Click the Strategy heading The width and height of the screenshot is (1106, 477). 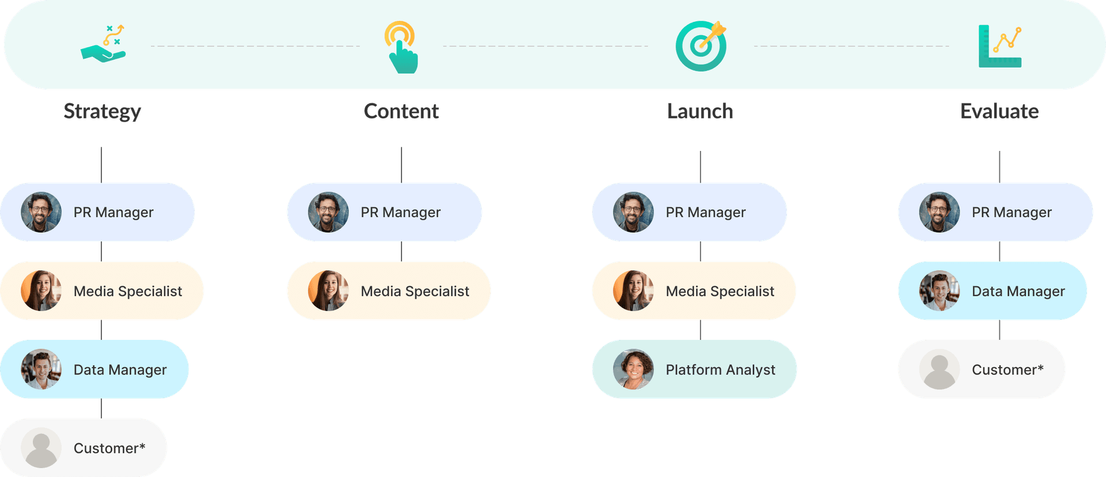102,111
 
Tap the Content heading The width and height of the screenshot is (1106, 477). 401,111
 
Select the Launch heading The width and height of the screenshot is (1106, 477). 700,111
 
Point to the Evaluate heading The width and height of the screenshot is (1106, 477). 999,111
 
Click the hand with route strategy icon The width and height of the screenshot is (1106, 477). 104,44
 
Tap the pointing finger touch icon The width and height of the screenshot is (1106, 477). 402,47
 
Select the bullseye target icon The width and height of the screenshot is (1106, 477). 701,46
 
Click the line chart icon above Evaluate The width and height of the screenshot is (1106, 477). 1000,46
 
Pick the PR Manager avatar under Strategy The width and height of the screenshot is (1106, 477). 41,212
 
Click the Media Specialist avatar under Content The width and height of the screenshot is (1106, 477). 328,291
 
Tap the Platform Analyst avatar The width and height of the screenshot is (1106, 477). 633,369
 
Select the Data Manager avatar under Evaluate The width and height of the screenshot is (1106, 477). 939,291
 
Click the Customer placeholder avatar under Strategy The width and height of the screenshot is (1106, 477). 41,448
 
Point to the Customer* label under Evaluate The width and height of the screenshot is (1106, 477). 1007,370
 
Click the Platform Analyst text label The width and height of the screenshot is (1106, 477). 720,370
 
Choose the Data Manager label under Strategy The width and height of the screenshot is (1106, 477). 120,370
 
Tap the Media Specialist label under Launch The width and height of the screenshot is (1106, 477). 719,291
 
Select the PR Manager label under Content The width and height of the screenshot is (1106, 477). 400,213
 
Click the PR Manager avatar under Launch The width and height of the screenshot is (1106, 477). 633,212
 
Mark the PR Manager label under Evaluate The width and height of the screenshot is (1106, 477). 1012,213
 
